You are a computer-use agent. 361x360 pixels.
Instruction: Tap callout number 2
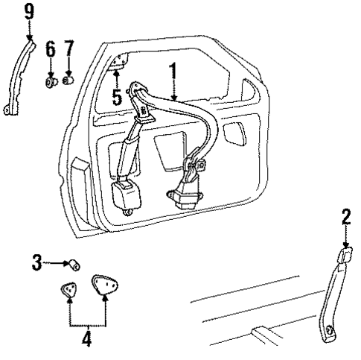pyautogui.click(x=346, y=217)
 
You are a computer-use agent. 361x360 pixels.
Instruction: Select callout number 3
pyautogui.click(x=36, y=262)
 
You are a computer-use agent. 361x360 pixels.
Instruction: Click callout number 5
pyautogui.click(x=116, y=97)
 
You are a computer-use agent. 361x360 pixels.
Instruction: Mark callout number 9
pyautogui.click(x=29, y=10)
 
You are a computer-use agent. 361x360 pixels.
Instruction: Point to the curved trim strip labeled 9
pyautogui.click(x=17, y=75)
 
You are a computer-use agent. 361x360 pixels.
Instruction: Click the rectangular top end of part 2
pyautogui.click(x=345, y=256)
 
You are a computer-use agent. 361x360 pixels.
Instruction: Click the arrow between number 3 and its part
pyautogui.click(x=57, y=262)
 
